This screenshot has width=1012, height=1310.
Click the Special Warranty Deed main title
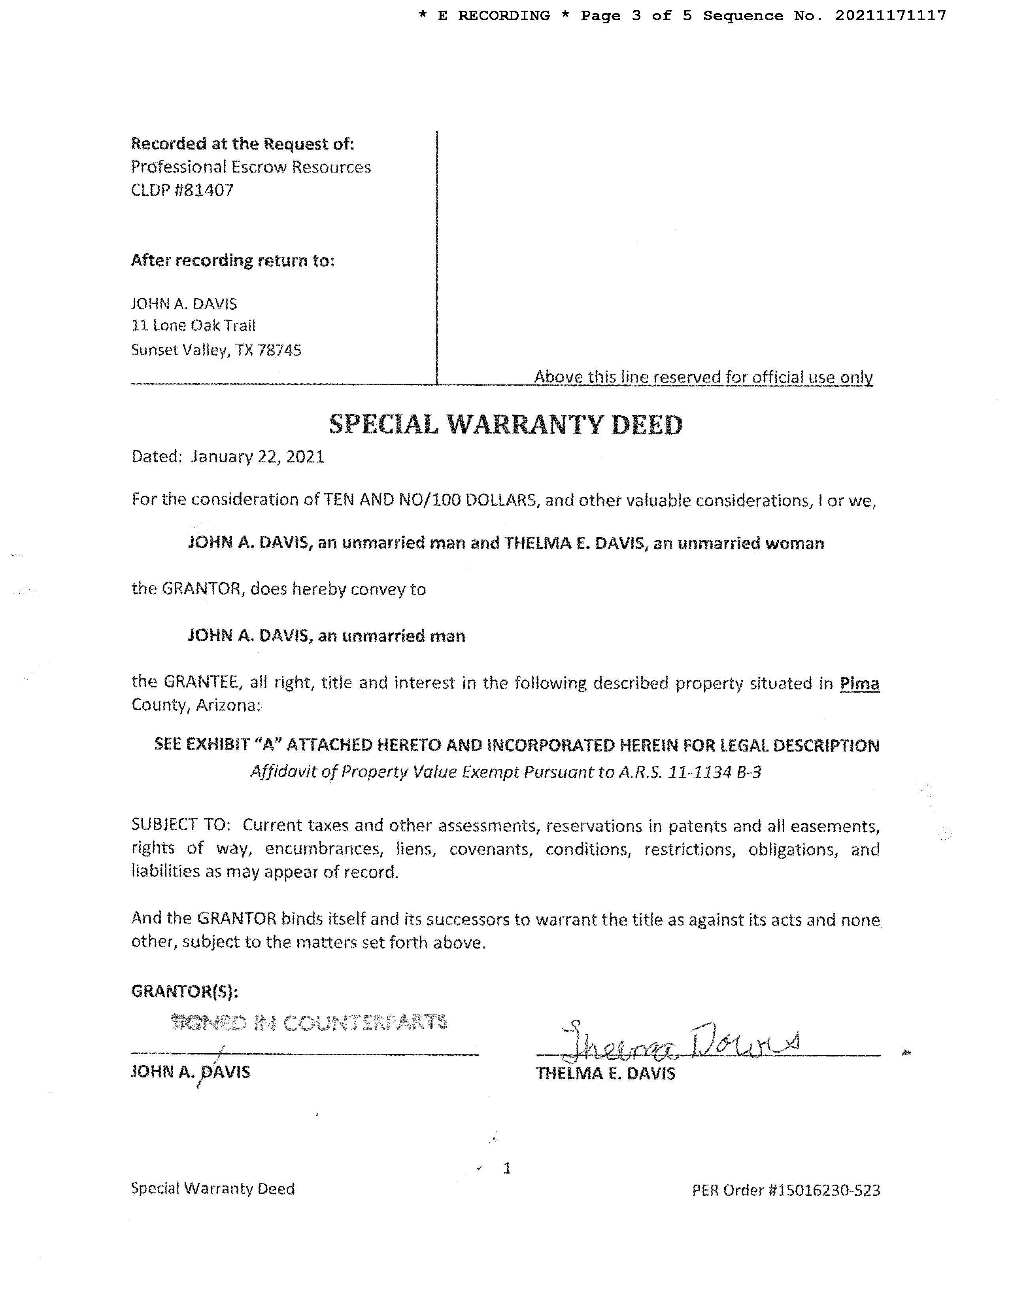click(x=505, y=425)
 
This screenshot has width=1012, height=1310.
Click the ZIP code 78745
click(x=279, y=350)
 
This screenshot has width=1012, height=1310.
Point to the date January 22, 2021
click(x=257, y=457)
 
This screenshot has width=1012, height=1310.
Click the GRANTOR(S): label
click(x=185, y=992)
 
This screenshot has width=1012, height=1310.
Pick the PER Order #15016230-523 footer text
click(x=785, y=1190)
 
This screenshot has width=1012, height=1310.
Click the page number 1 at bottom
click(x=507, y=1168)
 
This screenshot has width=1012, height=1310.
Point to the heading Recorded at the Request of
click(x=242, y=144)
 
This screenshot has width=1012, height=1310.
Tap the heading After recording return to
click(x=232, y=260)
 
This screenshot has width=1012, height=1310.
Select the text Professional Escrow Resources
click(x=251, y=167)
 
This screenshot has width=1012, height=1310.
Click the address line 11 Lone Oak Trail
click(x=193, y=326)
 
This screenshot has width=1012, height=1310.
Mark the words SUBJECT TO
click(x=180, y=825)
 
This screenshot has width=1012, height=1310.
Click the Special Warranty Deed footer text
click(x=213, y=1189)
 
